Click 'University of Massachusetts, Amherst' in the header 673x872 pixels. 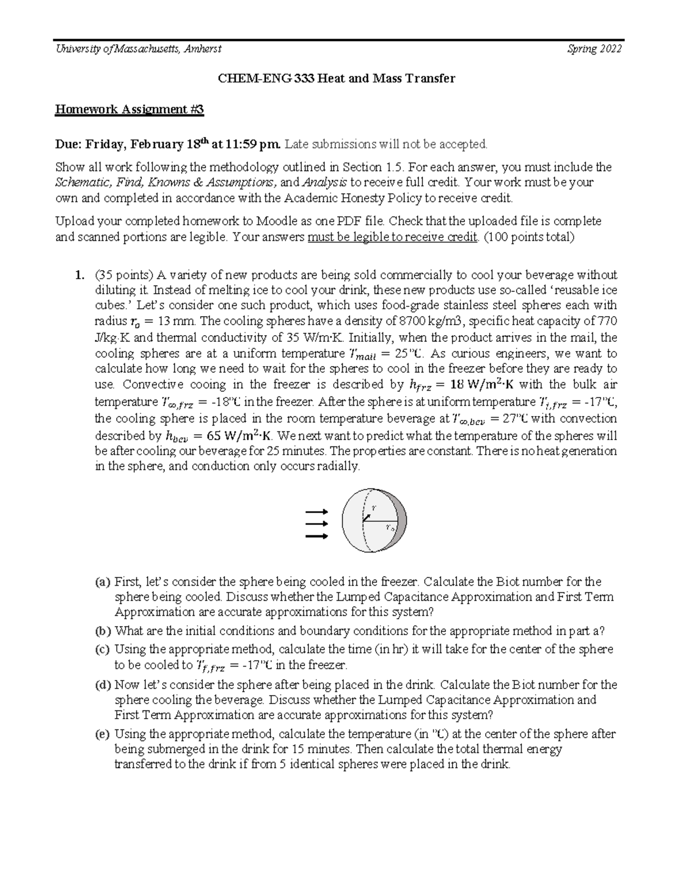138,49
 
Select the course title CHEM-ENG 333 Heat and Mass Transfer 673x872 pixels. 336,79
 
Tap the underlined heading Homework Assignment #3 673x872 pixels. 129,109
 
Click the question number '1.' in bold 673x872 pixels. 80,275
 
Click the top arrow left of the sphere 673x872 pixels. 316,512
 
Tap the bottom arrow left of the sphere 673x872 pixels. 316,536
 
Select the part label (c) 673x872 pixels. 103,650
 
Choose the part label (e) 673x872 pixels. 103,734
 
